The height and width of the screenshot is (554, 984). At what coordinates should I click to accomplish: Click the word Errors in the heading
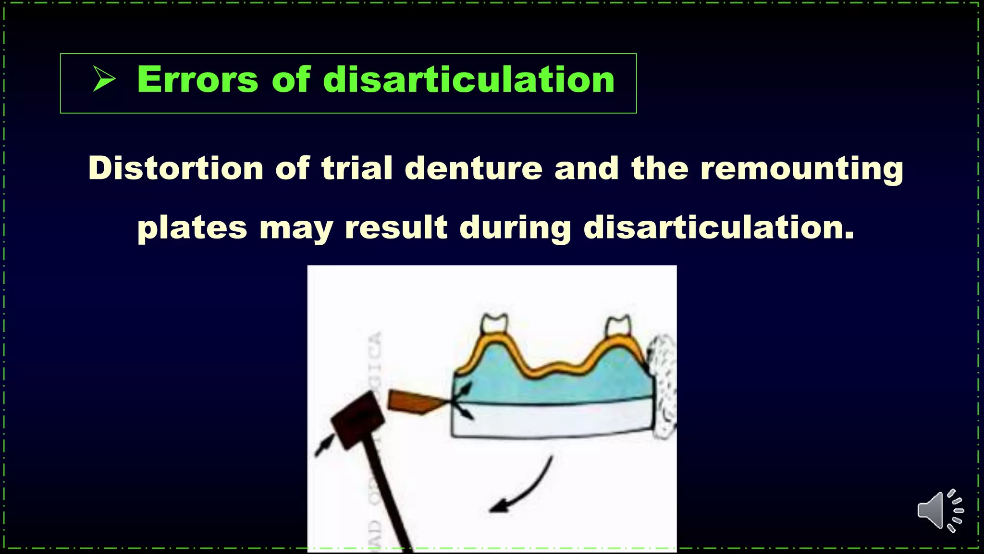[x=197, y=80]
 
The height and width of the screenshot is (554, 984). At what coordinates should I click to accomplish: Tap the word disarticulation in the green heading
[x=469, y=80]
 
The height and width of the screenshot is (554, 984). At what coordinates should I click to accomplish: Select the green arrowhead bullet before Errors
[x=104, y=79]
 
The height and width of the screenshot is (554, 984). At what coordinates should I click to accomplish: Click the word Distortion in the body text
[x=176, y=168]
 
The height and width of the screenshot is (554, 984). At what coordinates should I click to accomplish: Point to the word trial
[x=357, y=168]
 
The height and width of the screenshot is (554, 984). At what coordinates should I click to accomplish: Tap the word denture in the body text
[x=473, y=168]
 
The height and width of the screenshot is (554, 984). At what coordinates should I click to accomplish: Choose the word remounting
[x=801, y=169]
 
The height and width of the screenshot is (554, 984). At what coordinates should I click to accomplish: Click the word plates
[x=192, y=228]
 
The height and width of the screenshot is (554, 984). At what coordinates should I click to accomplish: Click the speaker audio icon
[x=939, y=511]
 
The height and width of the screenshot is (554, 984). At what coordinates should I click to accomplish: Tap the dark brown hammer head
[x=357, y=420]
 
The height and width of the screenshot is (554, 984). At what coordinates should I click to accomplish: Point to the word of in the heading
[x=291, y=80]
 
